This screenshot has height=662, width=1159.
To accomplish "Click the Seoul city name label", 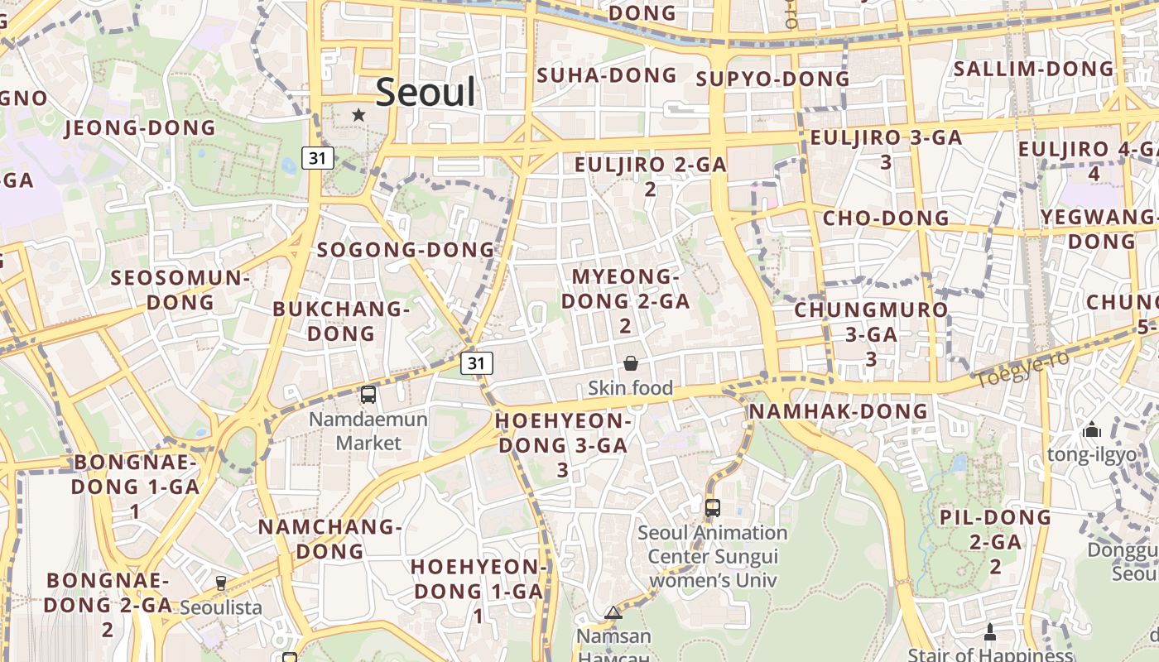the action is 426,92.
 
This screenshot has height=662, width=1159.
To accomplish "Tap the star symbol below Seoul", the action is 358,115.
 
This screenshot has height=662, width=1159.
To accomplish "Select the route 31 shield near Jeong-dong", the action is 318,157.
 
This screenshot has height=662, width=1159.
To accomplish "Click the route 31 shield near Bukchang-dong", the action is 476,362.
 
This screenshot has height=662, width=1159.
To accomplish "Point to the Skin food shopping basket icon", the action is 631,363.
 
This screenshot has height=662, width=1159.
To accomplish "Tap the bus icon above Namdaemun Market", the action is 368,395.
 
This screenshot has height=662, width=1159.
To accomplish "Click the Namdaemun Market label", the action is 368,431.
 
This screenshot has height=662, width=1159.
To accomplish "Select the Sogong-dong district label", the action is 406,249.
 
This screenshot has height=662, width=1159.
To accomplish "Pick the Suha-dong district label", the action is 607,75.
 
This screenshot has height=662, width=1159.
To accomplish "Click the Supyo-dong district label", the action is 772,79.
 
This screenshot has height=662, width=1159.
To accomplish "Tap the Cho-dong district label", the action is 886,218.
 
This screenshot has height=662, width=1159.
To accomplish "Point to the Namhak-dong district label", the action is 838,411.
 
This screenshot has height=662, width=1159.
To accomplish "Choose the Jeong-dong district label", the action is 140,127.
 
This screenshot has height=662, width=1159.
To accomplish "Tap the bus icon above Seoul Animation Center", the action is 712,507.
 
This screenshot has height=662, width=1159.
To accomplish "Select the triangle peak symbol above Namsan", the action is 613,612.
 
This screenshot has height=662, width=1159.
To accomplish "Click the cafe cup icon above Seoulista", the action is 221,583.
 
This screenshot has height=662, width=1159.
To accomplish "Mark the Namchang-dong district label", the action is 329,539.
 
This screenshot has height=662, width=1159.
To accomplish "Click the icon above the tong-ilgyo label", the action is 1092,430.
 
